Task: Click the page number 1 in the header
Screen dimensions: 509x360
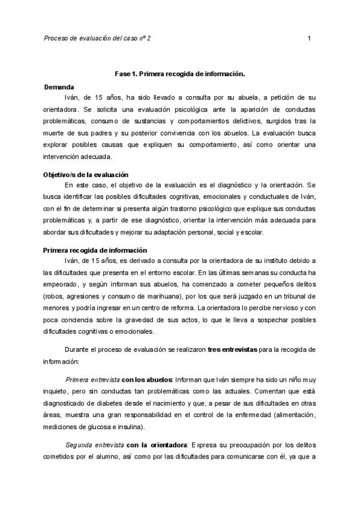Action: click(x=308, y=38)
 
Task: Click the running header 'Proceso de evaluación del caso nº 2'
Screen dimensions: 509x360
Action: click(x=97, y=38)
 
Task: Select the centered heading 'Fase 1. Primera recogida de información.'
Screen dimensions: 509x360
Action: click(x=180, y=74)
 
